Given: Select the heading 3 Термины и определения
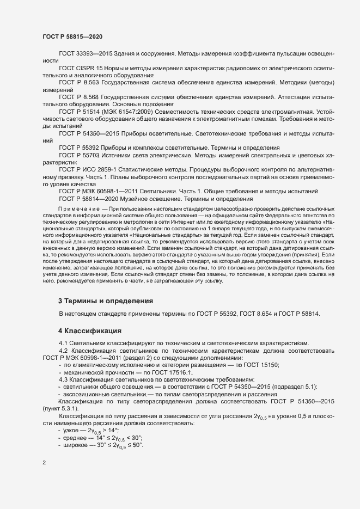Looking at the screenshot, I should coord(105,301).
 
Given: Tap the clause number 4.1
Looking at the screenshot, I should coord(64,342).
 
